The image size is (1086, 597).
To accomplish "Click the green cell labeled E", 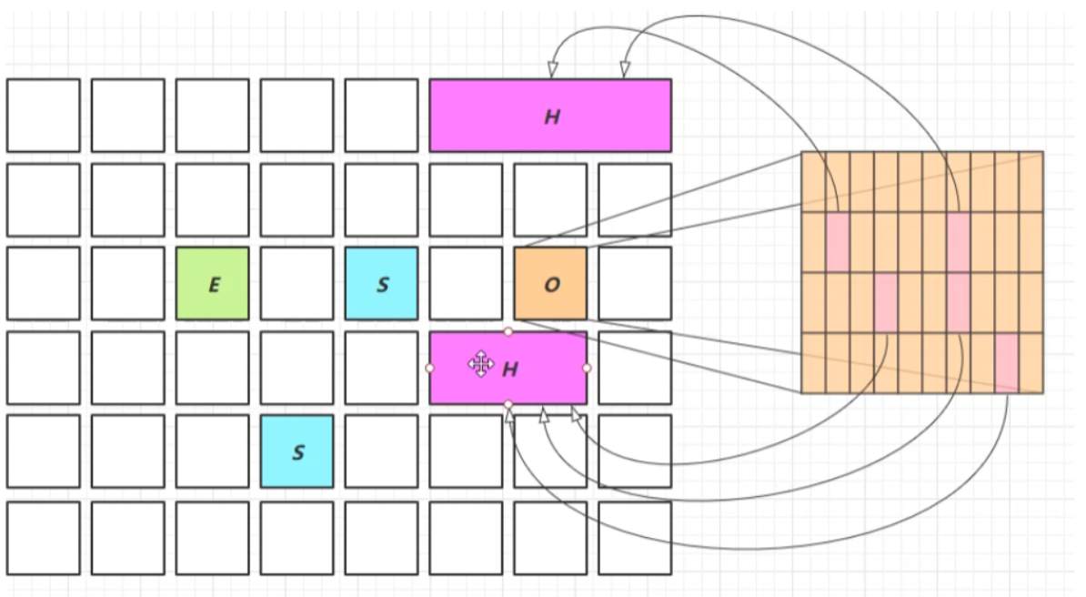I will coord(212,284).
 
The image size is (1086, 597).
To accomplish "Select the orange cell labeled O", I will coord(550,284).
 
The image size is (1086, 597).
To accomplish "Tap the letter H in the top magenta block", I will coord(551,116).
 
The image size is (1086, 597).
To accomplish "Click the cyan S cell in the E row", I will coord(381,284).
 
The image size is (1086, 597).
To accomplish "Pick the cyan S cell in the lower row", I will coord(297,451).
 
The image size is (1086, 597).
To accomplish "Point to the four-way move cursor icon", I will coord(480,365).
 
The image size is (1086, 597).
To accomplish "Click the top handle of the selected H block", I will coord(508,331).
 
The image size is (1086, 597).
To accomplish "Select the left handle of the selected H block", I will coord(429,368).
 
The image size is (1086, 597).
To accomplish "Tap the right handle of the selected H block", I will coord(587,368).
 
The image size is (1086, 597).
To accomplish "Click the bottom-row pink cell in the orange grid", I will coord(1006,362).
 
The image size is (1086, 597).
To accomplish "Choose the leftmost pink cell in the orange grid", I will coord(837,242).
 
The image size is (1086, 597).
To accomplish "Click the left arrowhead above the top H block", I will coord(552,70).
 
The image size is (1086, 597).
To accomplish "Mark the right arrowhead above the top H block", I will coord(625,70).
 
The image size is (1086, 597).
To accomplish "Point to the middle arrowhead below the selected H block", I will coord(544,415).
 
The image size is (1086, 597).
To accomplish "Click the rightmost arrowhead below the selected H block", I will coord(575,413).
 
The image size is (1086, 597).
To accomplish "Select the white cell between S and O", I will coord(466,284).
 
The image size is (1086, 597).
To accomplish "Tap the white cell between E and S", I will coord(297,284).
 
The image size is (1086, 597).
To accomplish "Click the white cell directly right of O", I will coord(635,284).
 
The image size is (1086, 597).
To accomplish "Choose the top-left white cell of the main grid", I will coord(43,116).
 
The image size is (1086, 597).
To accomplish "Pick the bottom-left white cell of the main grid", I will coord(43,538).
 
